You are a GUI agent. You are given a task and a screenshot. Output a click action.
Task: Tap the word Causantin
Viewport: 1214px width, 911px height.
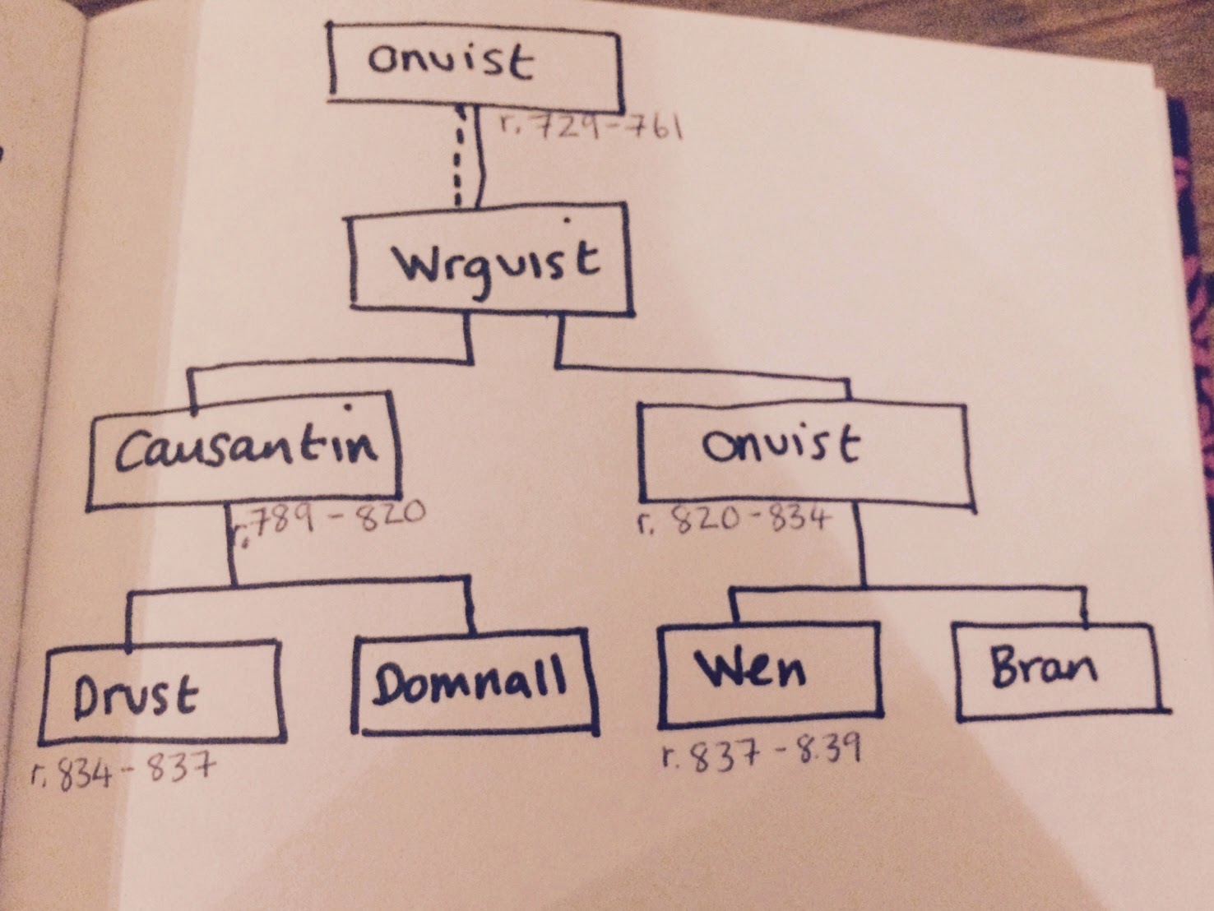click(x=247, y=448)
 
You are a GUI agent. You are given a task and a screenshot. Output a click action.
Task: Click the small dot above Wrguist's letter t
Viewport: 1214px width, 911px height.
click(x=567, y=220)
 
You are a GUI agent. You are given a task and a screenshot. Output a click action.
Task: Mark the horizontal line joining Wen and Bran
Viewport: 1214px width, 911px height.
click(x=907, y=588)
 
